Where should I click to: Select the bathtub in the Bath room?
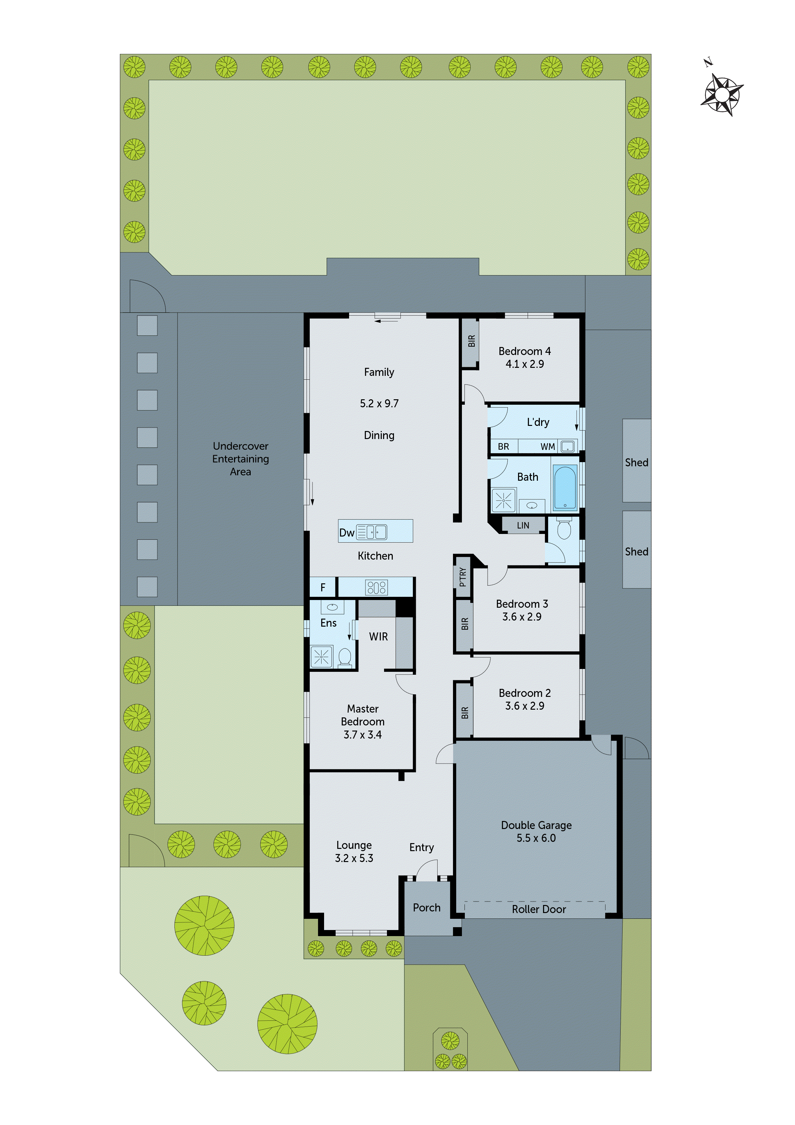point(565,487)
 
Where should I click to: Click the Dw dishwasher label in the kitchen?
point(346,533)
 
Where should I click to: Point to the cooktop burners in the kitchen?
point(376,587)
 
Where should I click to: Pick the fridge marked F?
point(323,587)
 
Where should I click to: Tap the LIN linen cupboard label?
point(523,525)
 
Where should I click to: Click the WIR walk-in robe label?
point(378,637)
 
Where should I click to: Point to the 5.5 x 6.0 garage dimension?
point(536,838)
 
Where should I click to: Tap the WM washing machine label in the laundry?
point(547,446)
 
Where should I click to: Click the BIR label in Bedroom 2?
point(464,713)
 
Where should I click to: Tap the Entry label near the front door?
point(421,847)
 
